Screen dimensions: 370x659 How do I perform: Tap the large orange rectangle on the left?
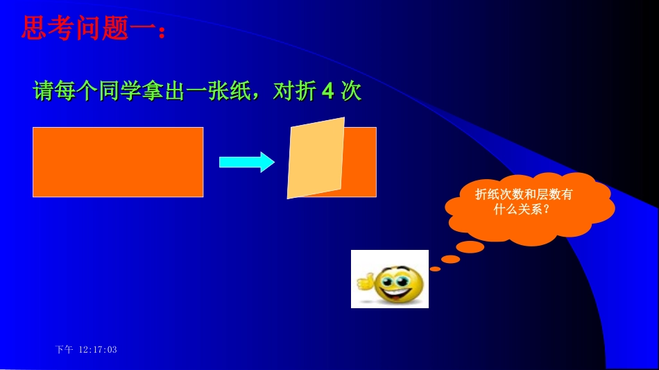tap(118, 162)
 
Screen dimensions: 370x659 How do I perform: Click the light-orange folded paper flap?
tap(316, 158)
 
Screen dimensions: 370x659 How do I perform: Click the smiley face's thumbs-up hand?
tap(365, 282)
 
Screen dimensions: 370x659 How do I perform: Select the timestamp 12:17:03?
tap(98, 350)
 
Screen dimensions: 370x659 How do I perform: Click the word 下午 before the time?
tap(64, 350)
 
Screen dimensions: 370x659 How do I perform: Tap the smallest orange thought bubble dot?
tap(435, 269)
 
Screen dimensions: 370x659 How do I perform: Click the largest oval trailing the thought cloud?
tap(470, 247)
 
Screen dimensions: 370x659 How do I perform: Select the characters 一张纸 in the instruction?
tap(224, 92)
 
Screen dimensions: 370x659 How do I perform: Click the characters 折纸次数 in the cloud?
tap(497, 195)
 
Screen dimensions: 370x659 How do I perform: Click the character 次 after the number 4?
tap(352, 92)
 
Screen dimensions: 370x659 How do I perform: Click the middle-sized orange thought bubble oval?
tap(451, 259)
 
